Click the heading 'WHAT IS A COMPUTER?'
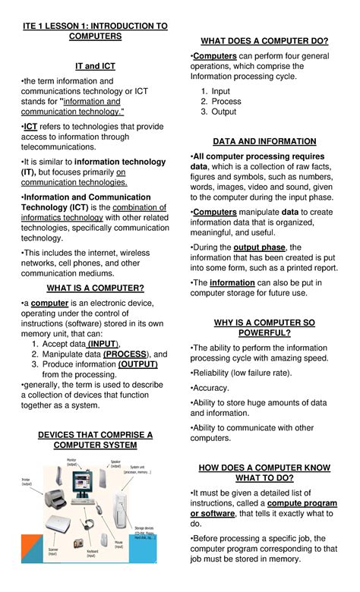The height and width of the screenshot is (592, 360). [x=96, y=288]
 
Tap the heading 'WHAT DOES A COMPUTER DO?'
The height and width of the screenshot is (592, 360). [x=264, y=40]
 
